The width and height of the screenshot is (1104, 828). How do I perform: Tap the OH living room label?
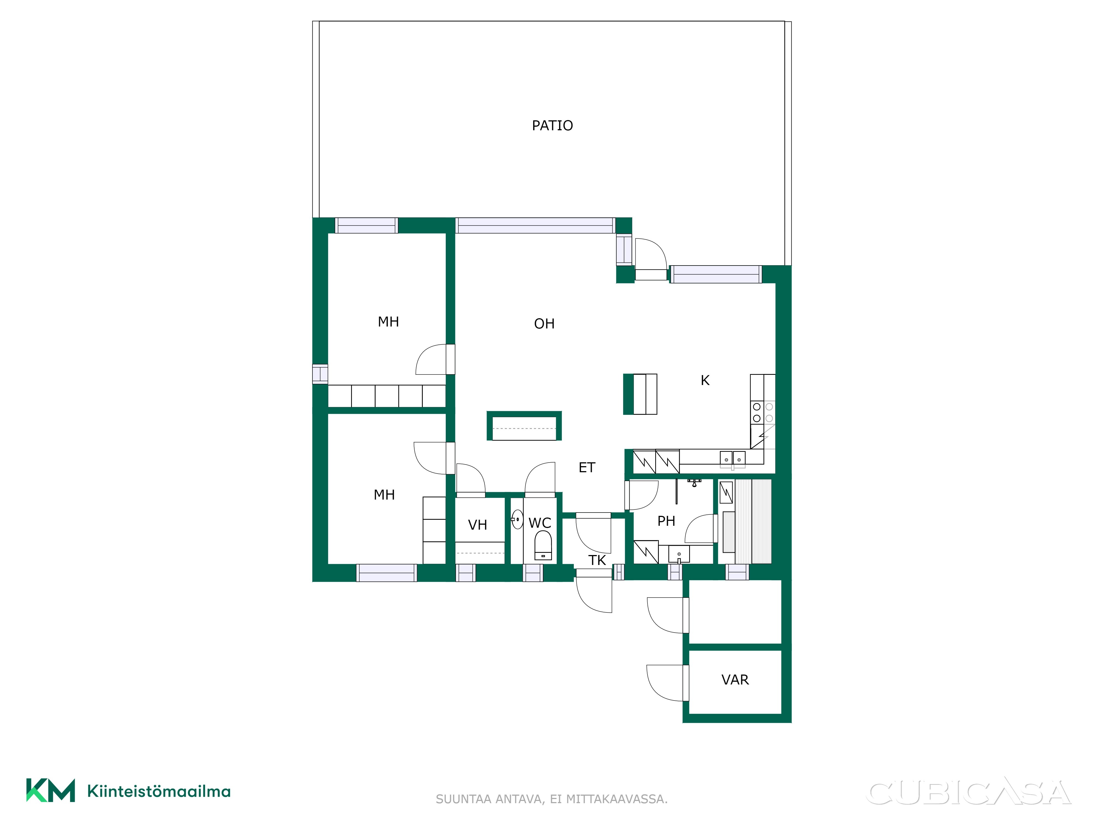[544, 324]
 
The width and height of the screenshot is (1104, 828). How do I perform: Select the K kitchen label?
[705, 380]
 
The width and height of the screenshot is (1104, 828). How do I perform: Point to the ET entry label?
[587, 468]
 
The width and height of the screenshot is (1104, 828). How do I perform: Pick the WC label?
[540, 523]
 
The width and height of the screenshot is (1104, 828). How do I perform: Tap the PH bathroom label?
[666, 521]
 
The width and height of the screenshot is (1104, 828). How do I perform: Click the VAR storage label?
[735, 680]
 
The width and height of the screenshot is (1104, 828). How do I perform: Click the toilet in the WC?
[543, 545]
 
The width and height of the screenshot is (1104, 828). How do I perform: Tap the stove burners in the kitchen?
[763, 412]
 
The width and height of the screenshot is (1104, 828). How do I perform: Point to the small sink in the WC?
[517, 519]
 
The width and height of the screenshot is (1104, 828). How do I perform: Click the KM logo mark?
[51, 790]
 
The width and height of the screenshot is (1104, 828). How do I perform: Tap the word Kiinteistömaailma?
[159, 792]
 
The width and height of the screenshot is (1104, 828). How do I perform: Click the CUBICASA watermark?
[969, 793]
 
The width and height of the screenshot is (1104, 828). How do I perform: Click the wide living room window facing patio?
[535, 225]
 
